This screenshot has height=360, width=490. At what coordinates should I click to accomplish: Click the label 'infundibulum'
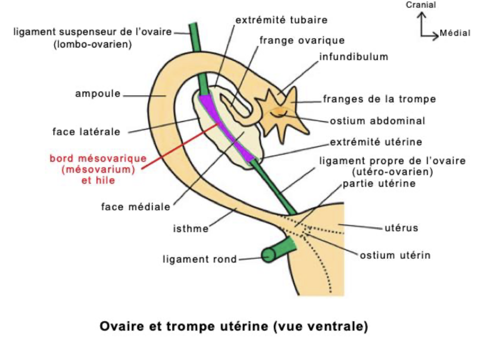pos(353,56)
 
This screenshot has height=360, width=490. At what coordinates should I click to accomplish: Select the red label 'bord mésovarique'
pos(91,159)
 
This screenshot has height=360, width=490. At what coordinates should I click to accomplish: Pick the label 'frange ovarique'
pos(302,40)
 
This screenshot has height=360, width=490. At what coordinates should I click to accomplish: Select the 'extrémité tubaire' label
pos(281,20)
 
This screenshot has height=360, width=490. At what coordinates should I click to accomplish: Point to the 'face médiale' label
pos(136,206)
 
